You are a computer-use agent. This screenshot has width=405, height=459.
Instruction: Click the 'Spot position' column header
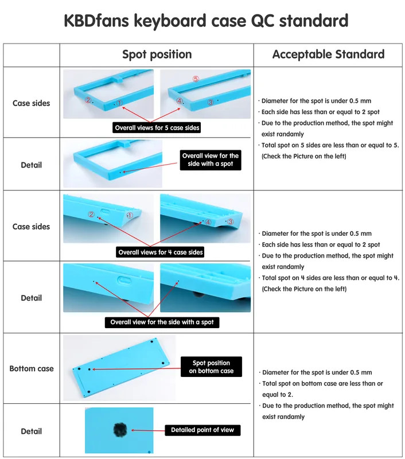pos(157,55)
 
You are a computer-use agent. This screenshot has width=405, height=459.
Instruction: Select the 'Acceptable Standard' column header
pos(328,55)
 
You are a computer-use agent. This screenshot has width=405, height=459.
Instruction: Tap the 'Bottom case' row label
pos(32,368)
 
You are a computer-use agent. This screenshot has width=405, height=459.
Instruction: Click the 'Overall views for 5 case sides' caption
pos(157,127)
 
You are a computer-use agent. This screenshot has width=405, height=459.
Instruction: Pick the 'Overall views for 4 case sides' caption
pos(161,252)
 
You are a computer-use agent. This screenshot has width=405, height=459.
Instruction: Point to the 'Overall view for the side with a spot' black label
pos(162,322)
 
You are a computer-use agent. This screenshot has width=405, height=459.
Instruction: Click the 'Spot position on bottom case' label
pos(211,367)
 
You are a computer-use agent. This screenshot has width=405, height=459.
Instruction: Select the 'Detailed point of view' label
pos(202,430)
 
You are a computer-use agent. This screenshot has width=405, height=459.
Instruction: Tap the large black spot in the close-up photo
pos(120,430)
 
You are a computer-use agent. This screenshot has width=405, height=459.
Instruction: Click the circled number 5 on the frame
pos(196,79)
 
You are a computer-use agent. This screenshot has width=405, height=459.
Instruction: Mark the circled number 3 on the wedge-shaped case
pos(231,221)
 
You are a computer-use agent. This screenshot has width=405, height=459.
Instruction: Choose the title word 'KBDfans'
pos(96,21)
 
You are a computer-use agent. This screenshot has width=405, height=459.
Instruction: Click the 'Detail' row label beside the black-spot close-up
pos(32,431)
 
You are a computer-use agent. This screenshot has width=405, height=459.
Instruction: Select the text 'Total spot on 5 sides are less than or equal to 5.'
pos(330,145)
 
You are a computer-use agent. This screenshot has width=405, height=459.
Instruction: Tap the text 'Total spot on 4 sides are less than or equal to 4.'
pos(330,278)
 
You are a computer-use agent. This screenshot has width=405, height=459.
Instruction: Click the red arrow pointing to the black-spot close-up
pos(148,430)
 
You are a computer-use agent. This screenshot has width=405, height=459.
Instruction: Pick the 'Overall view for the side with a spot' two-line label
pos(211,160)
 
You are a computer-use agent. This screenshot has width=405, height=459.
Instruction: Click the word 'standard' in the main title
pos(314,21)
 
